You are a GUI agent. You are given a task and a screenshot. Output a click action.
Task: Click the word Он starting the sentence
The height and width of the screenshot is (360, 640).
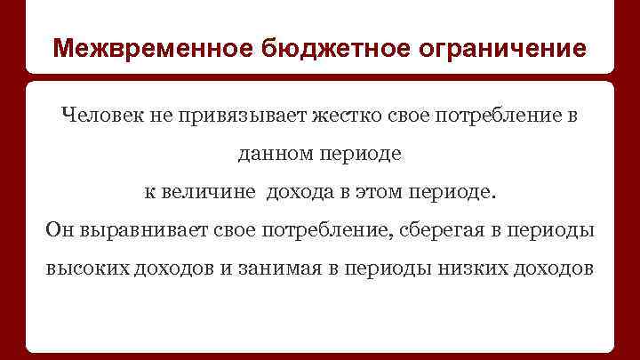pos(60,231)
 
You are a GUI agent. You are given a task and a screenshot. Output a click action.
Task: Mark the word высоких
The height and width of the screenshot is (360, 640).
pos(85,269)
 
